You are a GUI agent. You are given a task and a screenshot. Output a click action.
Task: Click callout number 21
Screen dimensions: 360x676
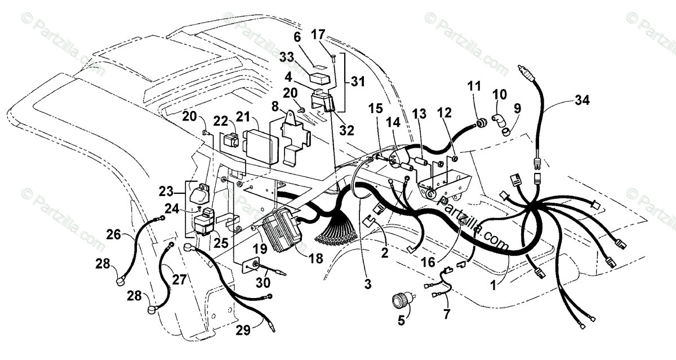(243, 117)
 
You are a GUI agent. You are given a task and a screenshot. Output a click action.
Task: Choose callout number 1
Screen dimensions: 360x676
(494, 286)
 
